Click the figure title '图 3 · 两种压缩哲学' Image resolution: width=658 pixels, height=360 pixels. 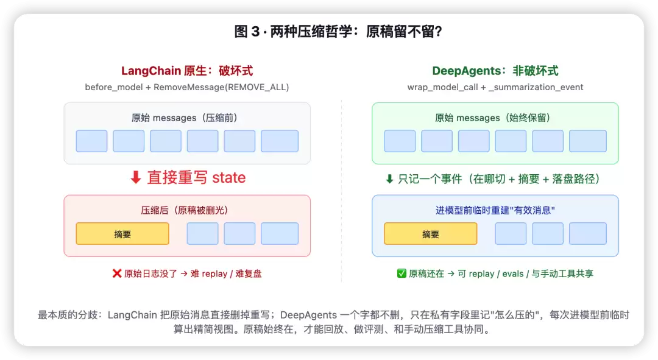pos(293,32)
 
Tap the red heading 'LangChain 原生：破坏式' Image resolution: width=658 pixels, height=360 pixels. pos(187,71)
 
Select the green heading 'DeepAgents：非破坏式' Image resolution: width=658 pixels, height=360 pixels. pos(495,71)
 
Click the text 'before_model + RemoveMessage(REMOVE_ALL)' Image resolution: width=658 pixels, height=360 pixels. pos(187,87)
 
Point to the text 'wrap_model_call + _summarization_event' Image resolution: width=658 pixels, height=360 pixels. pos(495,87)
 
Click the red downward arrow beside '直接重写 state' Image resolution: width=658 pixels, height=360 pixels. pos(135,177)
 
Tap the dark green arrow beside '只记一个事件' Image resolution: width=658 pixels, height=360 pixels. pos(389,179)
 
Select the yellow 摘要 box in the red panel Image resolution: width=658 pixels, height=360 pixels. pos(122,234)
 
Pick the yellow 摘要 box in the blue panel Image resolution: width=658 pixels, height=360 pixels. pos(431,234)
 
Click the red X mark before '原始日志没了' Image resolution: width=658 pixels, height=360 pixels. pos(117,274)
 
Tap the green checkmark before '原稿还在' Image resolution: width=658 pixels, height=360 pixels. pos(402,274)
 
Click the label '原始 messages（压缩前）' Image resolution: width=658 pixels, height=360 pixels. pos(184,118)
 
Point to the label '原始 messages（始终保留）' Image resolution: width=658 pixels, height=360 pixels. pos(492,118)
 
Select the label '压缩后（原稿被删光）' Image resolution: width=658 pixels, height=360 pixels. pos(184,210)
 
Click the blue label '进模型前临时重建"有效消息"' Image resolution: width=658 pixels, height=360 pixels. pos(495,210)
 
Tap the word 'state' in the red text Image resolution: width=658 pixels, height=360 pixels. pos(228,177)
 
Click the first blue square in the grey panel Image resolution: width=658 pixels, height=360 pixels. pos(91,141)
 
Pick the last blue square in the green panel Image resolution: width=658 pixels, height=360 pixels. pos(587,141)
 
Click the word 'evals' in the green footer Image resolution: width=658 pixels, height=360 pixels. pos(513,274)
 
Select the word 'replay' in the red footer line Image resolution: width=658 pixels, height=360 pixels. pos(214,274)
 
